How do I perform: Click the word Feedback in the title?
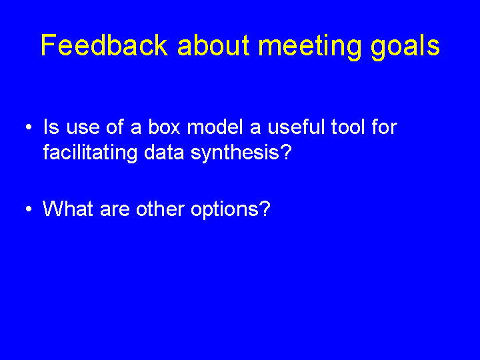coord(105,45)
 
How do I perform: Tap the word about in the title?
coord(213,45)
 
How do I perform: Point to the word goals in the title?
coord(405,47)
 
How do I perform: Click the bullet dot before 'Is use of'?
coord(29,127)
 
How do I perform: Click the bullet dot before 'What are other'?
coord(29,209)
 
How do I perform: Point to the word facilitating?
coord(90,152)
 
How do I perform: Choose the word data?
coord(164,152)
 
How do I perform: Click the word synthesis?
coord(235,152)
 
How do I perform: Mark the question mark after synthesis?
coord(286,151)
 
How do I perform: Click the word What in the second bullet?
coord(67,209)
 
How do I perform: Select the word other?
coord(160,209)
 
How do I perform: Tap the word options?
coord(225,210)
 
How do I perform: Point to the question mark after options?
coord(265,208)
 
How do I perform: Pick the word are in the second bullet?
coord(115,211)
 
